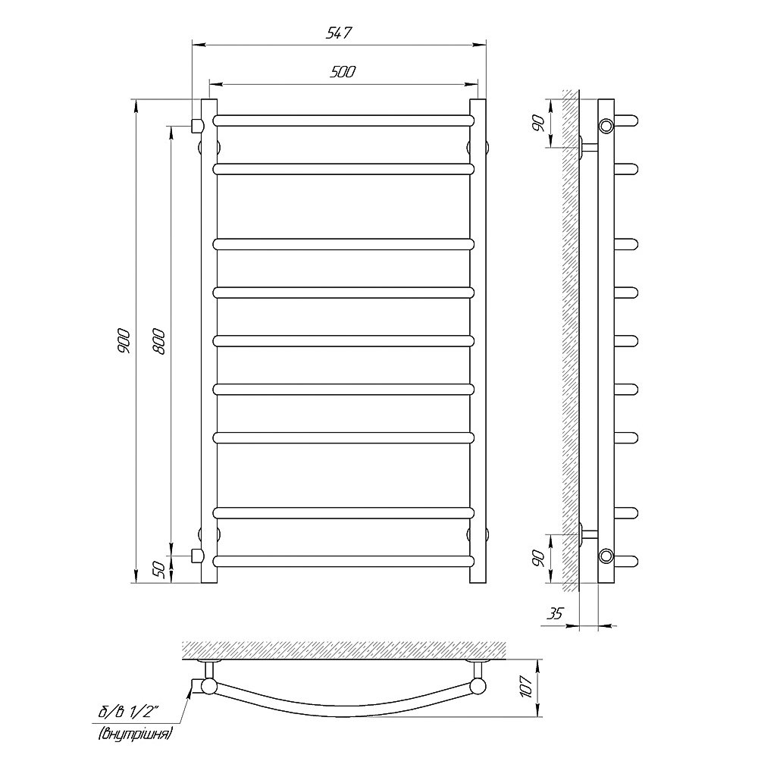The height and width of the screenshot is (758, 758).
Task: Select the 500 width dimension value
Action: [x=343, y=71]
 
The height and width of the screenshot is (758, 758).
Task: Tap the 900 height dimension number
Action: [x=124, y=340]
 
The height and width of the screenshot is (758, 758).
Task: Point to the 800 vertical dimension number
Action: [x=159, y=341]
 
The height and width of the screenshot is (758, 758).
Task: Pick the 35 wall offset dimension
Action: [x=555, y=613]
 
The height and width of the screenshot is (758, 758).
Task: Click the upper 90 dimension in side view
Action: [x=540, y=124]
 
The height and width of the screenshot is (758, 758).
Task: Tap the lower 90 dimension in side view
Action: [x=540, y=559]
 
